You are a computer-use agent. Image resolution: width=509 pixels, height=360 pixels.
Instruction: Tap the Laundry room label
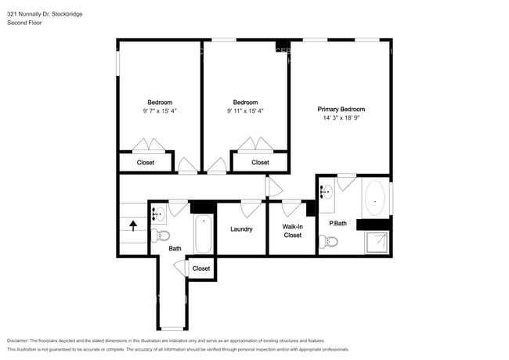(241, 229)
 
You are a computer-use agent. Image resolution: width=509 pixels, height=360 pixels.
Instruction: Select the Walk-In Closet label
(292, 230)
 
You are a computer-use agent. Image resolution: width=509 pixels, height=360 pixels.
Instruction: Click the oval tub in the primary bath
(375, 200)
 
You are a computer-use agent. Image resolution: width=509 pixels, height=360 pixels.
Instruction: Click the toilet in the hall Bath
(162, 236)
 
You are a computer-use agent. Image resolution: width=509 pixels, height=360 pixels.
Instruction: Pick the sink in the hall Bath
(157, 212)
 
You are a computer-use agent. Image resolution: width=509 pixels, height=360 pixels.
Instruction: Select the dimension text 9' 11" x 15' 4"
(245, 111)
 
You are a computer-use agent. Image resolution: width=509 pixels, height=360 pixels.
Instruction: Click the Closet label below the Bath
(201, 268)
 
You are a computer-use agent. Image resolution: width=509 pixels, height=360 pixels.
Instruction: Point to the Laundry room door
(251, 207)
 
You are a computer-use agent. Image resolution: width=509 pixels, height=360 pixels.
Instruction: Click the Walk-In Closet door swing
(292, 207)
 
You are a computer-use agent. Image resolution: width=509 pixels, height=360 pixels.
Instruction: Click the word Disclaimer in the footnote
(21, 341)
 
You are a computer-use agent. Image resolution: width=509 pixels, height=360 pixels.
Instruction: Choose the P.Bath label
(338, 224)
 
